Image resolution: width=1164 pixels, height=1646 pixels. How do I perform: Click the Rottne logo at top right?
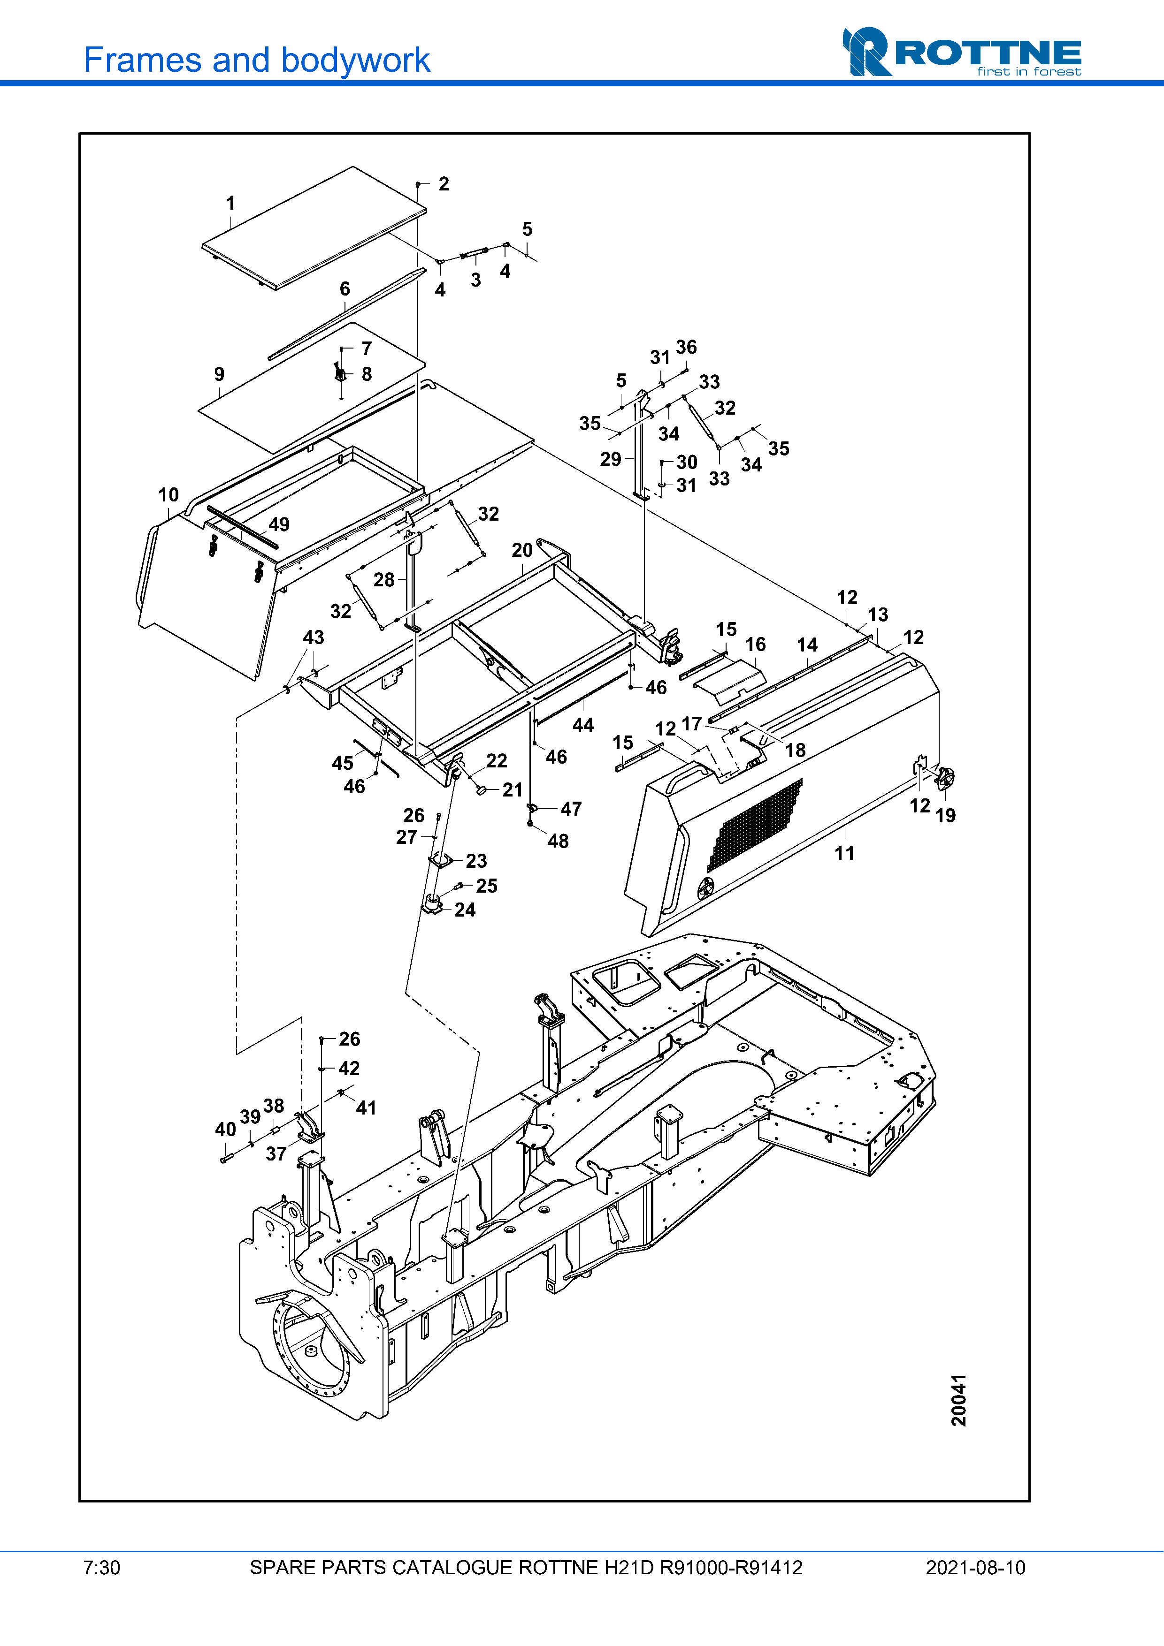[961, 52]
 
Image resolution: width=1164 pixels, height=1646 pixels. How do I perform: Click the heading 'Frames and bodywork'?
[257, 60]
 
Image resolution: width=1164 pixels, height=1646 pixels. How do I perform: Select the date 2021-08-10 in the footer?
[975, 1568]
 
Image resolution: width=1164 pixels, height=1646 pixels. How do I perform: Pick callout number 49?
[279, 524]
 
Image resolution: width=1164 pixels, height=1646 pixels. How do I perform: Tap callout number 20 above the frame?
[522, 550]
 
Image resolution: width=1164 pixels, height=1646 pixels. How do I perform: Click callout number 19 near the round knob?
[945, 815]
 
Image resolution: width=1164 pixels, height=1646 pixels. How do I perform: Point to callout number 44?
[583, 725]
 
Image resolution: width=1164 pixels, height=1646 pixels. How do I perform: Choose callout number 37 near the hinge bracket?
[276, 1153]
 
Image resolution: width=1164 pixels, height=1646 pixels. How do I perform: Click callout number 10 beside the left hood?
[168, 495]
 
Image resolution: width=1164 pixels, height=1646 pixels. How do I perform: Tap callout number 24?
[465, 910]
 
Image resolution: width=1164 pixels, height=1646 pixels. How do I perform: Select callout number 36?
[686, 347]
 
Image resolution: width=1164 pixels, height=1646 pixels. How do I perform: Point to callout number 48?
[558, 841]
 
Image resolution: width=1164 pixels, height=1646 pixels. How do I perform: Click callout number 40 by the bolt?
[225, 1129]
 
